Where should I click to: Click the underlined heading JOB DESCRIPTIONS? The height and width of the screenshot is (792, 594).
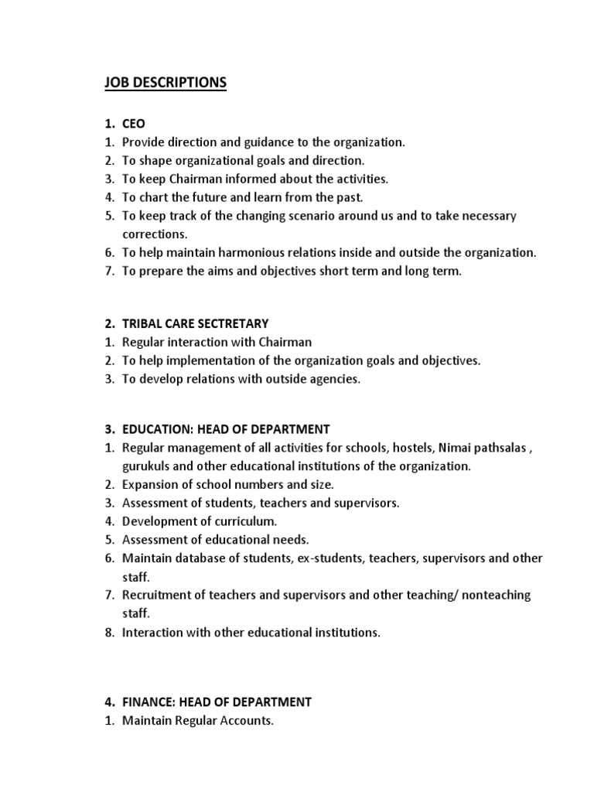166,83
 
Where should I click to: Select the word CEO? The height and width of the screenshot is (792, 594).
133,124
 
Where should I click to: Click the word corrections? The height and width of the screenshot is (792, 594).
155,234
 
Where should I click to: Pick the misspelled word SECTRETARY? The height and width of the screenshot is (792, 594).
233,323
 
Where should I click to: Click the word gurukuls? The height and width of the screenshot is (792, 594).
146,466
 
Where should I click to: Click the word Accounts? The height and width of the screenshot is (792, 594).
247,721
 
